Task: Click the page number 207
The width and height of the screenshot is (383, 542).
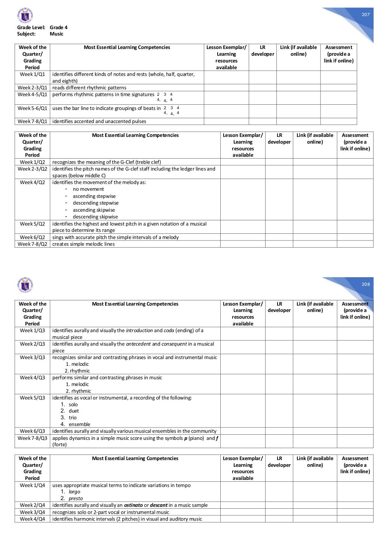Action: (x=365, y=15)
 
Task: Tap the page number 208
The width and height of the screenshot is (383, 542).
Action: (x=365, y=284)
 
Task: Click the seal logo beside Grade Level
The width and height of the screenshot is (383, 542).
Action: (x=25, y=15)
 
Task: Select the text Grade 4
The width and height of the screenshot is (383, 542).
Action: (x=58, y=27)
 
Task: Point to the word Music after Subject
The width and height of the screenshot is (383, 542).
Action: (x=56, y=34)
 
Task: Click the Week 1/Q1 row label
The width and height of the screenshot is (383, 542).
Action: (x=32, y=74)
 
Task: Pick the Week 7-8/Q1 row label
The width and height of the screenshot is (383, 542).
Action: (x=32, y=121)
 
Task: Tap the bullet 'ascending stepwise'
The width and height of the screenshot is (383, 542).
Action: (x=94, y=196)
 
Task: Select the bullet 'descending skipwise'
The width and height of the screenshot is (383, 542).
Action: (x=95, y=217)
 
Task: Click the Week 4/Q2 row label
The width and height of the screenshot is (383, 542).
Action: (x=32, y=182)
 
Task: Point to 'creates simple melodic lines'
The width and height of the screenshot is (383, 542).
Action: (x=83, y=244)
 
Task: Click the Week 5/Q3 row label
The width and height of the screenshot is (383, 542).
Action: (x=32, y=398)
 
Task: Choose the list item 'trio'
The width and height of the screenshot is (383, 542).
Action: (x=73, y=417)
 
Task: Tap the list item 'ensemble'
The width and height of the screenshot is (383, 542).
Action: (x=79, y=424)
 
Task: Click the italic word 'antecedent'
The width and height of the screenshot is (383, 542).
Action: (x=138, y=344)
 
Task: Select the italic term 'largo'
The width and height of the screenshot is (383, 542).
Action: (x=74, y=492)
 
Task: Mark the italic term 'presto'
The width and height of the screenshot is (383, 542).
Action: (x=76, y=498)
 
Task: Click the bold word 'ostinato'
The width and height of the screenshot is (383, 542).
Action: (x=133, y=505)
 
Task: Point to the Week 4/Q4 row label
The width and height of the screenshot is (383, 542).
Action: (x=32, y=519)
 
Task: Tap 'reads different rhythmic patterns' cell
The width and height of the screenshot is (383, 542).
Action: (x=89, y=88)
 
